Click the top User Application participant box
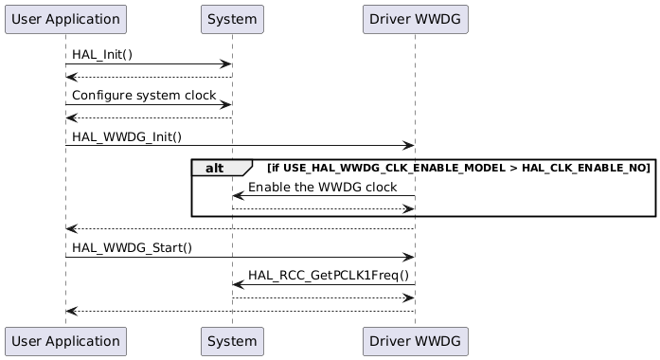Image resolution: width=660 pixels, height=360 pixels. [65, 18]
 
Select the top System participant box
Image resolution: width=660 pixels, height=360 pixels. [232, 18]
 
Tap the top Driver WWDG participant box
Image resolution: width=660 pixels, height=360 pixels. [415, 18]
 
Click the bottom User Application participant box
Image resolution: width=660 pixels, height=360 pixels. [65, 340]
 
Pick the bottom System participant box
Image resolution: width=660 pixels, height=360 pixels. [232, 340]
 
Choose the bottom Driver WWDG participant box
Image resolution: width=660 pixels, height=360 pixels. [415, 340]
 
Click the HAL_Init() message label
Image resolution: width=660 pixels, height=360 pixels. [103, 56]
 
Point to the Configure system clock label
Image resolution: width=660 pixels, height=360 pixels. [144, 96]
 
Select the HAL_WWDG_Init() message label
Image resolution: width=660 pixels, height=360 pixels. [126, 137]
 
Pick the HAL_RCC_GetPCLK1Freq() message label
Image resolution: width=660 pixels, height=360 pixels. [329, 276]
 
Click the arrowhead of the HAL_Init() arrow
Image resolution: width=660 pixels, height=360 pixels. [227, 64]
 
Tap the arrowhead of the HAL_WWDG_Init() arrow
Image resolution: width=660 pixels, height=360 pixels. [409, 146]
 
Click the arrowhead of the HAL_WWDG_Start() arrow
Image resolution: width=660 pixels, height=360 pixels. [409, 257]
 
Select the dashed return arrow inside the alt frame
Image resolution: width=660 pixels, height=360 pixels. [322, 208]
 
